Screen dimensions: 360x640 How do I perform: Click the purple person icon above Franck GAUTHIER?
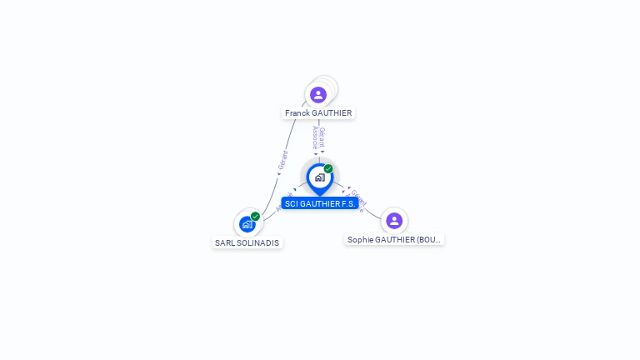317,95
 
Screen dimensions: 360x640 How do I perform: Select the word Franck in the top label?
298,113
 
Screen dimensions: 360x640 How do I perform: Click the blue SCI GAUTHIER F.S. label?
320,203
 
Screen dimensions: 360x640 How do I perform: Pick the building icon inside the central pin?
319,177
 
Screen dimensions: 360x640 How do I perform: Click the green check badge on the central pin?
328,168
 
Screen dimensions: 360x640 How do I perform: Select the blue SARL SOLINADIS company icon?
247,224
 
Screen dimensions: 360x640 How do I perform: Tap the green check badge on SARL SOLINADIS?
255,216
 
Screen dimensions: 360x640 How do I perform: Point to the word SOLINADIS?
258,243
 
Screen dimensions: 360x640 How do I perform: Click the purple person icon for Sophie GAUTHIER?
394,221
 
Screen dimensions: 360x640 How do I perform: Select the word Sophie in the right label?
360,240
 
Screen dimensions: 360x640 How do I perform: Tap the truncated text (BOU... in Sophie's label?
428,240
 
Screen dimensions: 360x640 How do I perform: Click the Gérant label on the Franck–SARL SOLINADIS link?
283,160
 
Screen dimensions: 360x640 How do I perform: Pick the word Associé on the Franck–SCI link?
316,137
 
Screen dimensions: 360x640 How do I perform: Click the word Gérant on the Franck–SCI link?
322,137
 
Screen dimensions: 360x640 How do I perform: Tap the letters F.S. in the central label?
348,203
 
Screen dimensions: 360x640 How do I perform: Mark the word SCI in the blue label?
292,203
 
